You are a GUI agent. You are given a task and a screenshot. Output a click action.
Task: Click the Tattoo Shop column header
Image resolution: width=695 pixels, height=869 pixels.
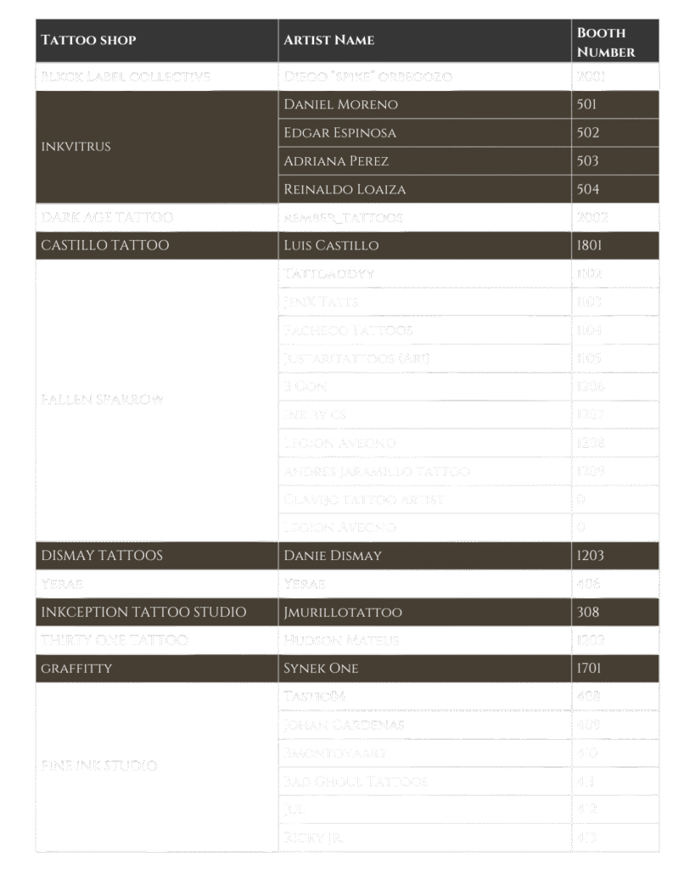pos(88,40)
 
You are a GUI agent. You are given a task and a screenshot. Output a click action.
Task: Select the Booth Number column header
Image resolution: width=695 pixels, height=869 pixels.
pos(606,42)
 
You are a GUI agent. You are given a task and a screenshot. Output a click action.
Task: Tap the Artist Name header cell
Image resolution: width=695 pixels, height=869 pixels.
pos(328,40)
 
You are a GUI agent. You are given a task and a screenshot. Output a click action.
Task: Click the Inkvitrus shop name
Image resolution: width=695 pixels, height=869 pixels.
pos(76,146)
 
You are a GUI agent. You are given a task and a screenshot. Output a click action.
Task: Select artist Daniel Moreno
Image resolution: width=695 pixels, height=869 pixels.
pos(340,104)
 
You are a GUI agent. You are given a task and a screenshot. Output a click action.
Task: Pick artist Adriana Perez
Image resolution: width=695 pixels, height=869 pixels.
pos(335,160)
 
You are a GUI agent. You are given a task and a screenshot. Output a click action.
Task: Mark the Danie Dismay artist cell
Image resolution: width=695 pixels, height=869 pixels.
pos(333,555)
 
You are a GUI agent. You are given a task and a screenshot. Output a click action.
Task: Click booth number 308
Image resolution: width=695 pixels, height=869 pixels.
pos(587,612)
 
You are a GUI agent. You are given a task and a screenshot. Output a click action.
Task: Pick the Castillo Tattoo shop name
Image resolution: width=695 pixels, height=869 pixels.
pos(105,245)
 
